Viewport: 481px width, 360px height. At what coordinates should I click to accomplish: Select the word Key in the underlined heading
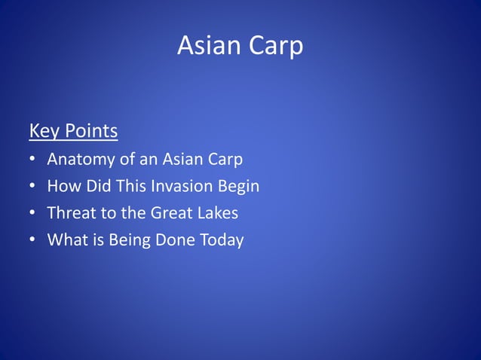(44, 132)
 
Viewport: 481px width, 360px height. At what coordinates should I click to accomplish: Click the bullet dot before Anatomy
(33, 160)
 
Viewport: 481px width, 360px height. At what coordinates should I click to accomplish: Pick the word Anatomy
(80, 160)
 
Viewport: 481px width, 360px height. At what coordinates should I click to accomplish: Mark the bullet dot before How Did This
(33, 186)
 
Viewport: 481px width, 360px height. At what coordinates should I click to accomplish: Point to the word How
(62, 186)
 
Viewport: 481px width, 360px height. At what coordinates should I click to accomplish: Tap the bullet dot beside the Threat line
(33, 213)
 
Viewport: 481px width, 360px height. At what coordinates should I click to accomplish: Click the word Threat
(72, 213)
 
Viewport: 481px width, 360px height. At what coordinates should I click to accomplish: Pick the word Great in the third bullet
(172, 213)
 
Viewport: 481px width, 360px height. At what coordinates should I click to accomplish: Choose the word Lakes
(218, 213)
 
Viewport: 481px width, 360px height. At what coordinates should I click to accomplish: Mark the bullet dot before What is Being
(33, 240)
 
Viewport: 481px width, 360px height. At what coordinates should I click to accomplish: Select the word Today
(221, 240)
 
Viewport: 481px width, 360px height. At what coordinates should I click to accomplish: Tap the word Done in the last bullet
(173, 240)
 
